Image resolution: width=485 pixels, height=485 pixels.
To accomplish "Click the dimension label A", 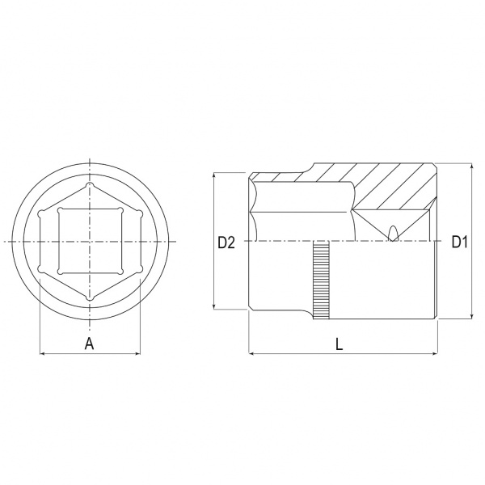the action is coord(90,344).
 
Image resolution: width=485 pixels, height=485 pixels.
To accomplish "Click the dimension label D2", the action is coord(226,242).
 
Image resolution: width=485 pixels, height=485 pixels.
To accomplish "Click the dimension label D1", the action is coord(459,242).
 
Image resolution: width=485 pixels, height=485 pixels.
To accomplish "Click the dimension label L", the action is coord(339,344).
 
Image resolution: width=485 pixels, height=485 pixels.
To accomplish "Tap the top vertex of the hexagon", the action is coord(90,184).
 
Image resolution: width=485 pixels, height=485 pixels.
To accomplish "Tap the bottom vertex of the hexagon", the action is coord(90,298).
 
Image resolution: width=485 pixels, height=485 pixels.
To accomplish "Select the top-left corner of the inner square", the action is coord(61,210).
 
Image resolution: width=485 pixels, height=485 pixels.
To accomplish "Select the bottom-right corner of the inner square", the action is coord(120,272).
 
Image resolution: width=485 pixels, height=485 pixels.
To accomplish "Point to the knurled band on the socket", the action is coord(321,280).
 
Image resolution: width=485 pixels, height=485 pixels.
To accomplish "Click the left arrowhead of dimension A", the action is coord(42,353).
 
